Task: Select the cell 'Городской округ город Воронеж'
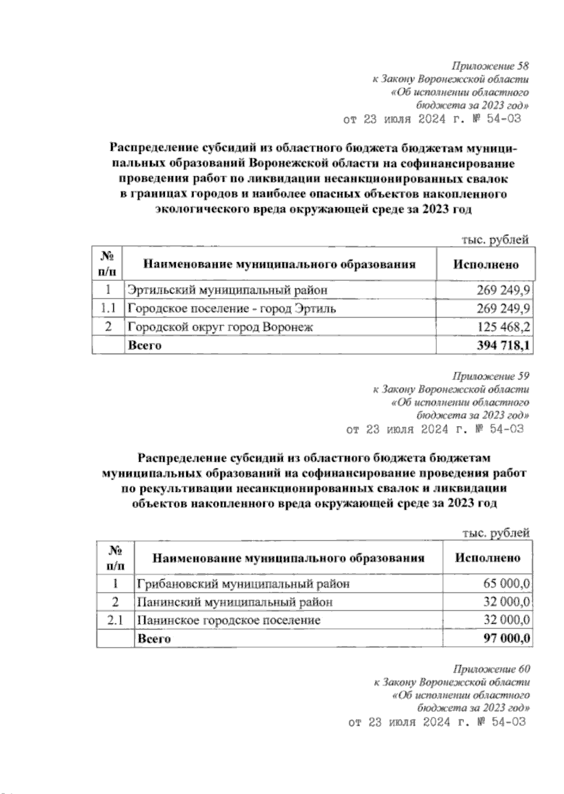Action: (x=220, y=327)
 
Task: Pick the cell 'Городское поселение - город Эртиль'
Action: (x=232, y=309)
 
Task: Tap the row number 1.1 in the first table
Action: (x=108, y=309)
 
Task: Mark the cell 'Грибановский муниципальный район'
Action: (x=243, y=584)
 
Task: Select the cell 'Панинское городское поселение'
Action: (x=229, y=620)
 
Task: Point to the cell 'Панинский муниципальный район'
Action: (x=235, y=602)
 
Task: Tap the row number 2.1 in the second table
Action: (x=115, y=620)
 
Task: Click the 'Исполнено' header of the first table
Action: (x=486, y=265)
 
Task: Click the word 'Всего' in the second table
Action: (x=153, y=639)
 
